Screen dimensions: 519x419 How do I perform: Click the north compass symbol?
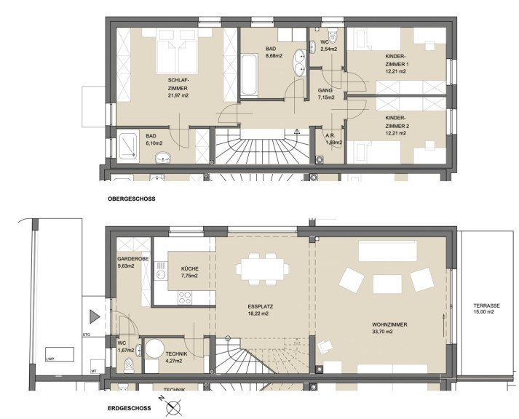(173, 407)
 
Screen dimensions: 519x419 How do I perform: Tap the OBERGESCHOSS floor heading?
(132, 199)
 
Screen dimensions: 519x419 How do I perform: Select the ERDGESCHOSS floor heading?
(129, 408)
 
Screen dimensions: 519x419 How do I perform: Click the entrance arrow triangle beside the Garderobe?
(95, 317)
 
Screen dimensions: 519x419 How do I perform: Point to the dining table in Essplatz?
(263, 269)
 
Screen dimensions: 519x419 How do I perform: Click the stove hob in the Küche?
(185, 298)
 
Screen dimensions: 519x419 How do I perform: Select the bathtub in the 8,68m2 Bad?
(248, 75)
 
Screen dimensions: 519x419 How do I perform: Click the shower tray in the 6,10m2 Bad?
(127, 145)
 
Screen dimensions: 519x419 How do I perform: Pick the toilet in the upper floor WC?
(333, 35)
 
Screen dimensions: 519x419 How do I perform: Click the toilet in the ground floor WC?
(129, 365)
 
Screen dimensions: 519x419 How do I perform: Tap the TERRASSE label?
(486, 306)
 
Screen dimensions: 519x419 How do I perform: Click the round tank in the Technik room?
(154, 348)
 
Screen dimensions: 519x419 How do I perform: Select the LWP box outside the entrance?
(60, 354)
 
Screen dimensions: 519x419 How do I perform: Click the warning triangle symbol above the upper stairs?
(296, 132)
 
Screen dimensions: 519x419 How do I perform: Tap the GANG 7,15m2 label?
(325, 94)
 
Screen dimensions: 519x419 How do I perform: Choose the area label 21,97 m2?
(178, 95)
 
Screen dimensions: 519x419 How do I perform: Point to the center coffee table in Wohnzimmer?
(387, 284)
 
